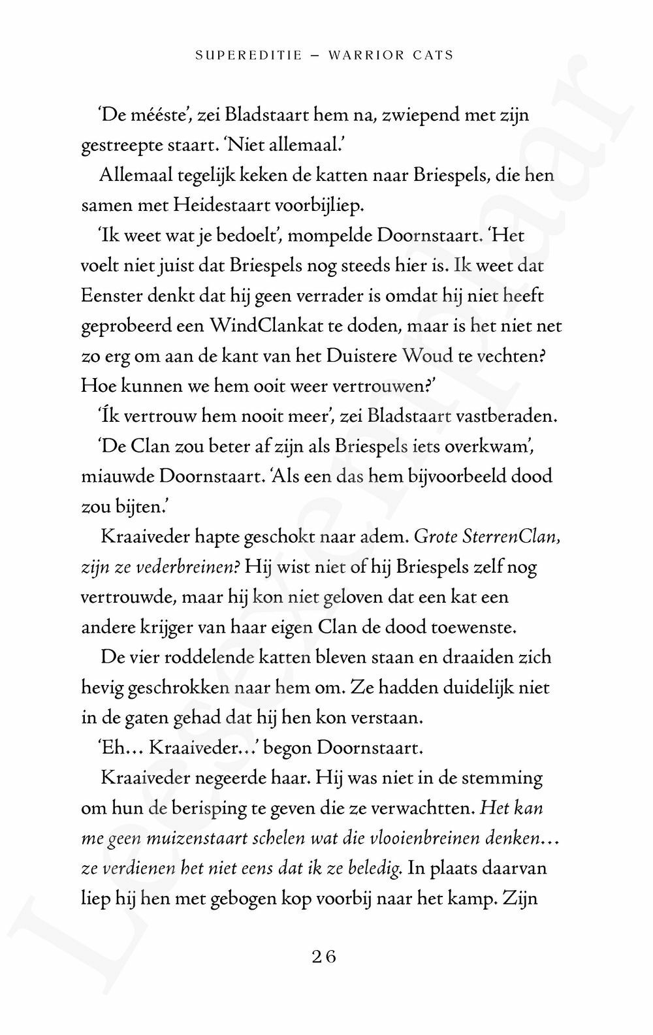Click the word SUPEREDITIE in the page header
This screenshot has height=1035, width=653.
click(249, 56)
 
